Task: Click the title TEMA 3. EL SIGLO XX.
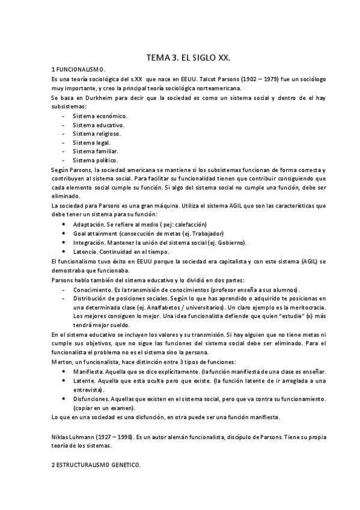[189, 58]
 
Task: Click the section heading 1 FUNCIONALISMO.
[79, 70]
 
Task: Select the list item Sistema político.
[95, 161]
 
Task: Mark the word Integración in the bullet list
[90, 242]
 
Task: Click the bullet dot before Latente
[64, 381]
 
